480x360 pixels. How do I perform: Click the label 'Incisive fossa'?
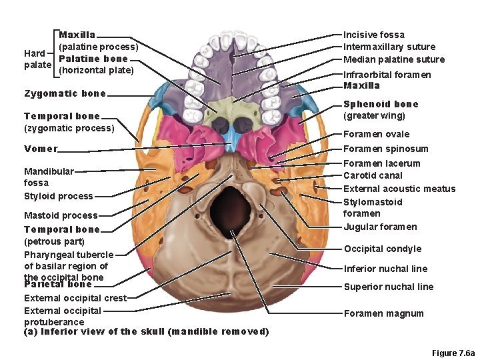[373, 35]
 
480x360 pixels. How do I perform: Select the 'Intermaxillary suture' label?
[389, 47]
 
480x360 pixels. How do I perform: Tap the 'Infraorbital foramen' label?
[387, 75]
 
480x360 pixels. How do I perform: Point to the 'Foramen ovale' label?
[376, 134]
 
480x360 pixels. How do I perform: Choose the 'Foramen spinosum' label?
[385, 149]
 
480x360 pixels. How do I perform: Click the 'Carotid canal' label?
[373, 175]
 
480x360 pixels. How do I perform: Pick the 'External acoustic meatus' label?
[399, 189]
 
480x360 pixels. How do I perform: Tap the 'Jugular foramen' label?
[379, 227]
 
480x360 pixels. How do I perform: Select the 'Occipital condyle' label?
[382, 249]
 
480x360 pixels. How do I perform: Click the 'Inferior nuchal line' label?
[385, 269]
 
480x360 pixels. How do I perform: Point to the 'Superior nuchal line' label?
[388, 287]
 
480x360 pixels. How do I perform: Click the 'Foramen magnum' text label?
[383, 313]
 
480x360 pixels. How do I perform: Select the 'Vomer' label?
[40, 149]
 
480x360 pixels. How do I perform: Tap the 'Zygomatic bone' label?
[65, 93]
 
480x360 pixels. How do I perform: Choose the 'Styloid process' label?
[58, 196]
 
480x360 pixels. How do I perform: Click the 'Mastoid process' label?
[60, 215]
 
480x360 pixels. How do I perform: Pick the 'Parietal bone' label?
[57, 285]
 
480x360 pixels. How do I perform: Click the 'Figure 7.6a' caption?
[453, 352]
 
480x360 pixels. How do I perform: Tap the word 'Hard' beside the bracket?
[34, 53]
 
